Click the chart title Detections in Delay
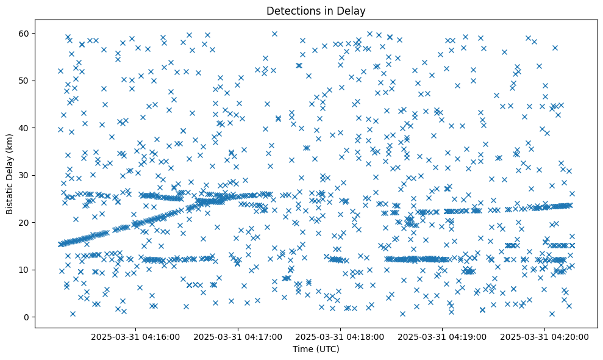coord(316,10)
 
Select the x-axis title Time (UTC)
coord(316,350)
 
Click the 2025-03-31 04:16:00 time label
coord(135,336)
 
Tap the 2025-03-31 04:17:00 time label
coord(238,336)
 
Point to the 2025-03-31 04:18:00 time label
coord(340,336)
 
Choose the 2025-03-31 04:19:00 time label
coord(442,336)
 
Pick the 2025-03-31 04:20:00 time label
coord(544,336)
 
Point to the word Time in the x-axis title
coord(302,350)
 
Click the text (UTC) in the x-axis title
coord(326,350)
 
